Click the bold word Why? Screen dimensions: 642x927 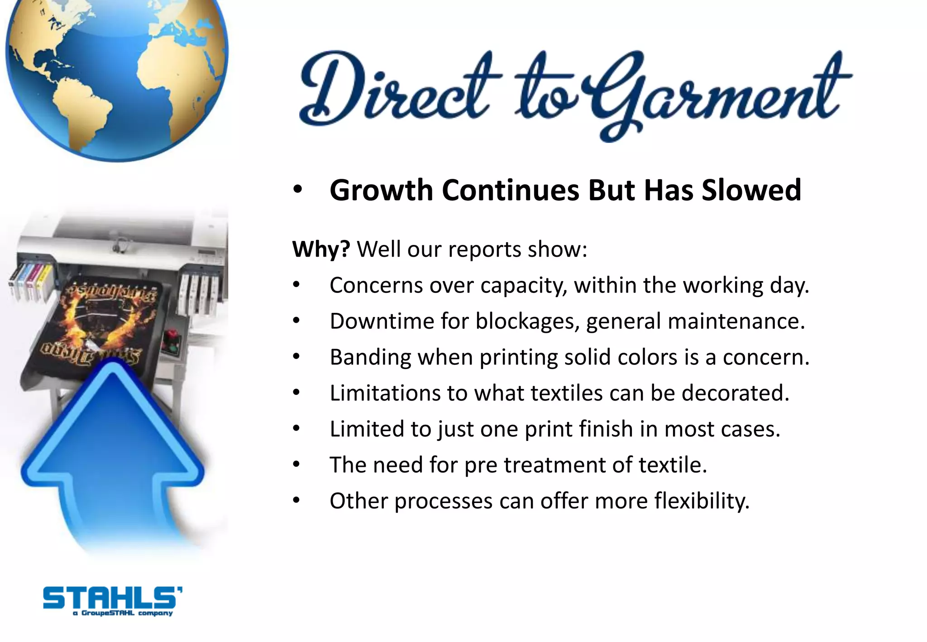(321, 249)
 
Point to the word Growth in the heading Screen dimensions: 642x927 (381, 191)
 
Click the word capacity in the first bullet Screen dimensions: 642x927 (523, 286)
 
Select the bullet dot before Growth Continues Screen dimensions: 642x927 (297, 190)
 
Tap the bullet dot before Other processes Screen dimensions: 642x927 (296, 501)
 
